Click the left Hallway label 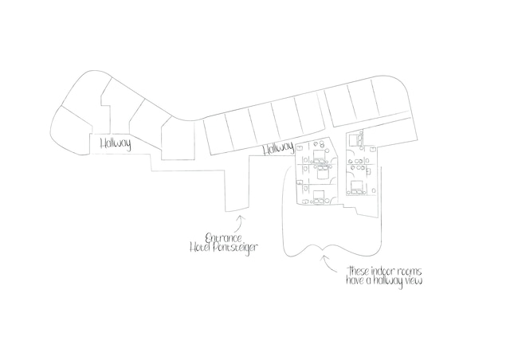[x=115, y=144]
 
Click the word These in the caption [x=361, y=271]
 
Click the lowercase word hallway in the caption [x=388, y=281]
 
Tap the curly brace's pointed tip [x=324, y=248]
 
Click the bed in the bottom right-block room [x=355, y=188]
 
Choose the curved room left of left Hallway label [x=69, y=131]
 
